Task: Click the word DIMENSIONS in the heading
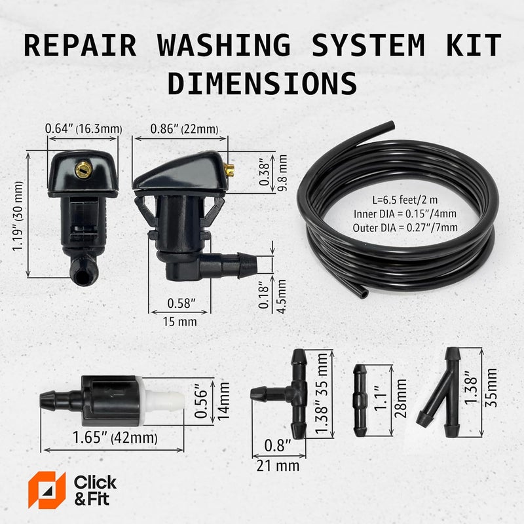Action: coord(262,84)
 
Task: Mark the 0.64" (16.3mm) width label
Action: coord(82,128)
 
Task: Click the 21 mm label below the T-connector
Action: coord(277,466)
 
